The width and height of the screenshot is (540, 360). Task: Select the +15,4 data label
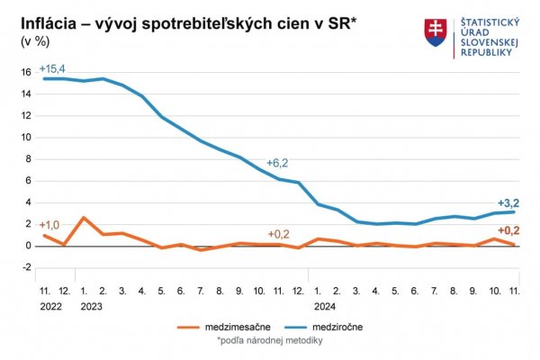tap(53, 69)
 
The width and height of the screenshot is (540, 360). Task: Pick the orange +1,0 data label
tap(50, 225)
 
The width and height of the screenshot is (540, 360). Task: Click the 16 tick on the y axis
tap(26, 73)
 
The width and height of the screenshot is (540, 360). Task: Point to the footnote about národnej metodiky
tap(269, 341)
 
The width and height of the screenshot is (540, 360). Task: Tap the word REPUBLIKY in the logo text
tap(486, 52)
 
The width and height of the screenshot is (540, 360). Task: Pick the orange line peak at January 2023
tap(84, 218)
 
